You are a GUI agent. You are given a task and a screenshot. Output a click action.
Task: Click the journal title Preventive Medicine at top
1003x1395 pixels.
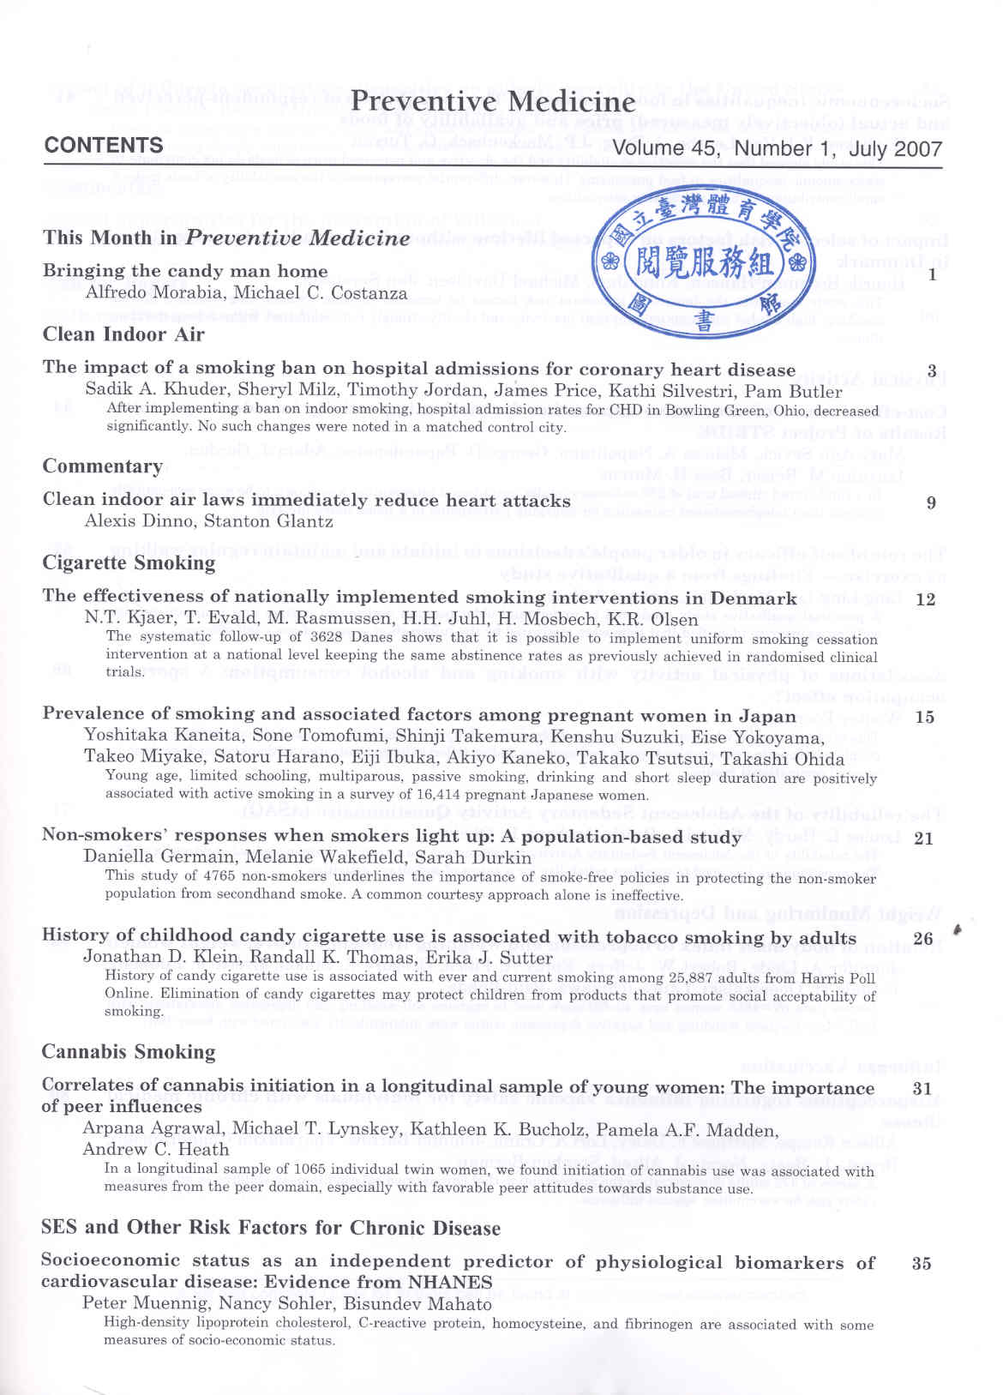pyautogui.click(x=493, y=101)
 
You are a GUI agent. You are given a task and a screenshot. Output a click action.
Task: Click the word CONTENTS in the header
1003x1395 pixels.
pyautogui.click(x=104, y=145)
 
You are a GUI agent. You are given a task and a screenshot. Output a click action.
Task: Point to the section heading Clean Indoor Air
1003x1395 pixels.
pyautogui.click(x=123, y=334)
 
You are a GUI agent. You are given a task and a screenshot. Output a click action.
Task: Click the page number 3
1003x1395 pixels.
pyautogui.click(x=931, y=372)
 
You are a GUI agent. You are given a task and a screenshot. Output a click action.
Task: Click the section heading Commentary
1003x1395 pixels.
pyautogui.click(x=103, y=466)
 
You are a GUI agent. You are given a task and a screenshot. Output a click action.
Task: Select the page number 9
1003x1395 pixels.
pyautogui.click(x=931, y=503)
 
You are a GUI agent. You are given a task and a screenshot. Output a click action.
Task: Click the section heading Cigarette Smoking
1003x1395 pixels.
pyautogui.click(x=129, y=563)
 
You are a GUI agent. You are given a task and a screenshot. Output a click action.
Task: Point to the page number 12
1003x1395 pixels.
pyautogui.click(x=925, y=599)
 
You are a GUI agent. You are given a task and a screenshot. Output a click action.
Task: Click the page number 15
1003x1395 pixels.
pyautogui.click(x=924, y=718)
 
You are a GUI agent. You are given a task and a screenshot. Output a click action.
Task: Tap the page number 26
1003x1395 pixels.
pyautogui.click(x=922, y=939)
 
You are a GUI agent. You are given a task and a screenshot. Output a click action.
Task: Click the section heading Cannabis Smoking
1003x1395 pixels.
pyautogui.click(x=129, y=1052)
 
